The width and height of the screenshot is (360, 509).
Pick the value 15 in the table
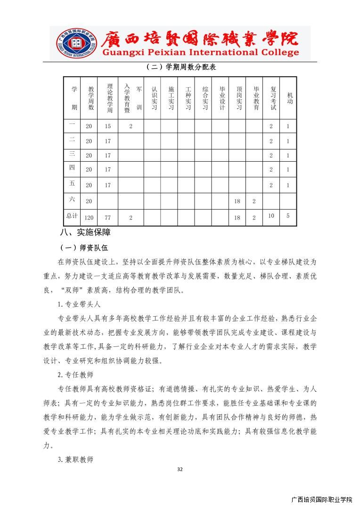coord(108,126)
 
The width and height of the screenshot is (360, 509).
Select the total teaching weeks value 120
coord(89,218)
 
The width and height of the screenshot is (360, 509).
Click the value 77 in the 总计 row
coord(108,218)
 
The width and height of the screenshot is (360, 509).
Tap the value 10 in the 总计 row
coord(271,216)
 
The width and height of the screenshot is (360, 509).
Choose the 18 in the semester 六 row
coord(237,201)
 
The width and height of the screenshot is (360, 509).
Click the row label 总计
coord(72,216)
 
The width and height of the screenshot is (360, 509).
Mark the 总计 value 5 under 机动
coord(288,216)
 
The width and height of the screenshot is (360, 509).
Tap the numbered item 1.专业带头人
coord(79,304)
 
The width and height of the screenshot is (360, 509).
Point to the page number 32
coord(180,469)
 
